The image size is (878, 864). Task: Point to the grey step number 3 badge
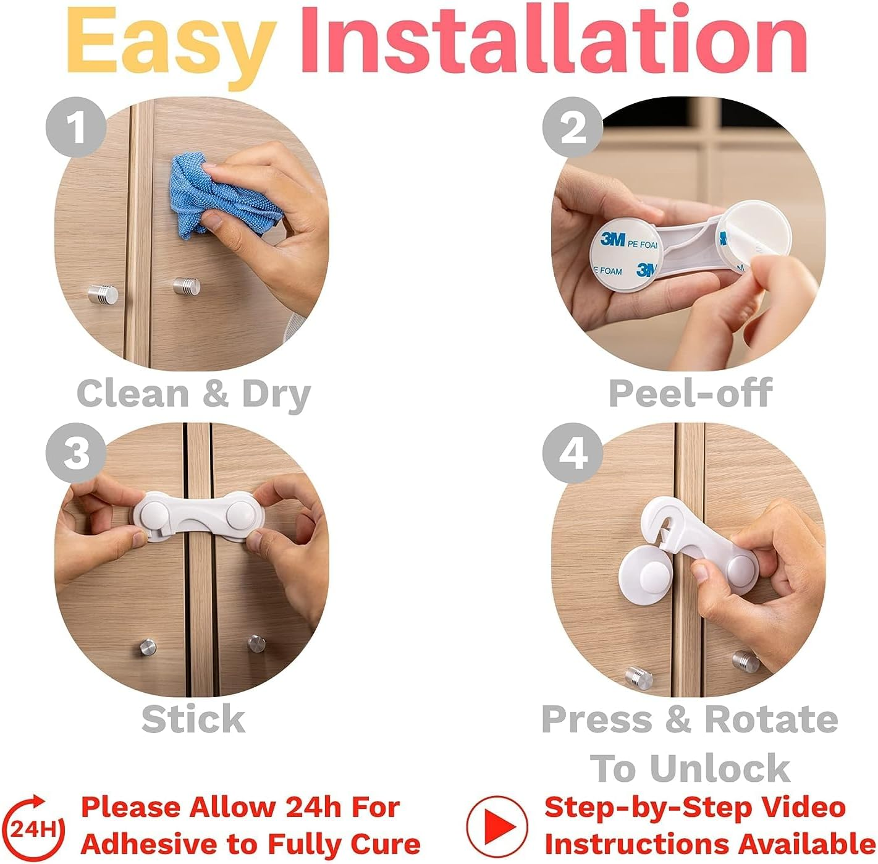(76, 453)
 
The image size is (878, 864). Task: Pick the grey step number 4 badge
(572, 453)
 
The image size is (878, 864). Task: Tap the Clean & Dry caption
(193, 394)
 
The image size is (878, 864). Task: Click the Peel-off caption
(690, 392)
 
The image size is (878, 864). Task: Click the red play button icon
(497, 826)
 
